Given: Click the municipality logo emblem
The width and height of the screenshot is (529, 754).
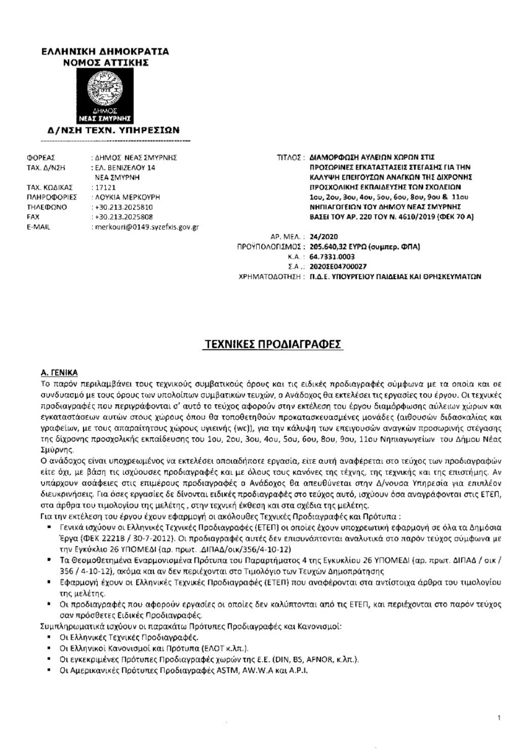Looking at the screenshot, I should point(105,96).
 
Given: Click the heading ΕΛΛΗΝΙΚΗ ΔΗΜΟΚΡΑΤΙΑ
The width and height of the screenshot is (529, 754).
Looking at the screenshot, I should point(105,52).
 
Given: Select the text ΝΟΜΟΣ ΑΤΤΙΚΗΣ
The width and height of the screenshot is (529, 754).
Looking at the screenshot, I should point(106,63).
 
